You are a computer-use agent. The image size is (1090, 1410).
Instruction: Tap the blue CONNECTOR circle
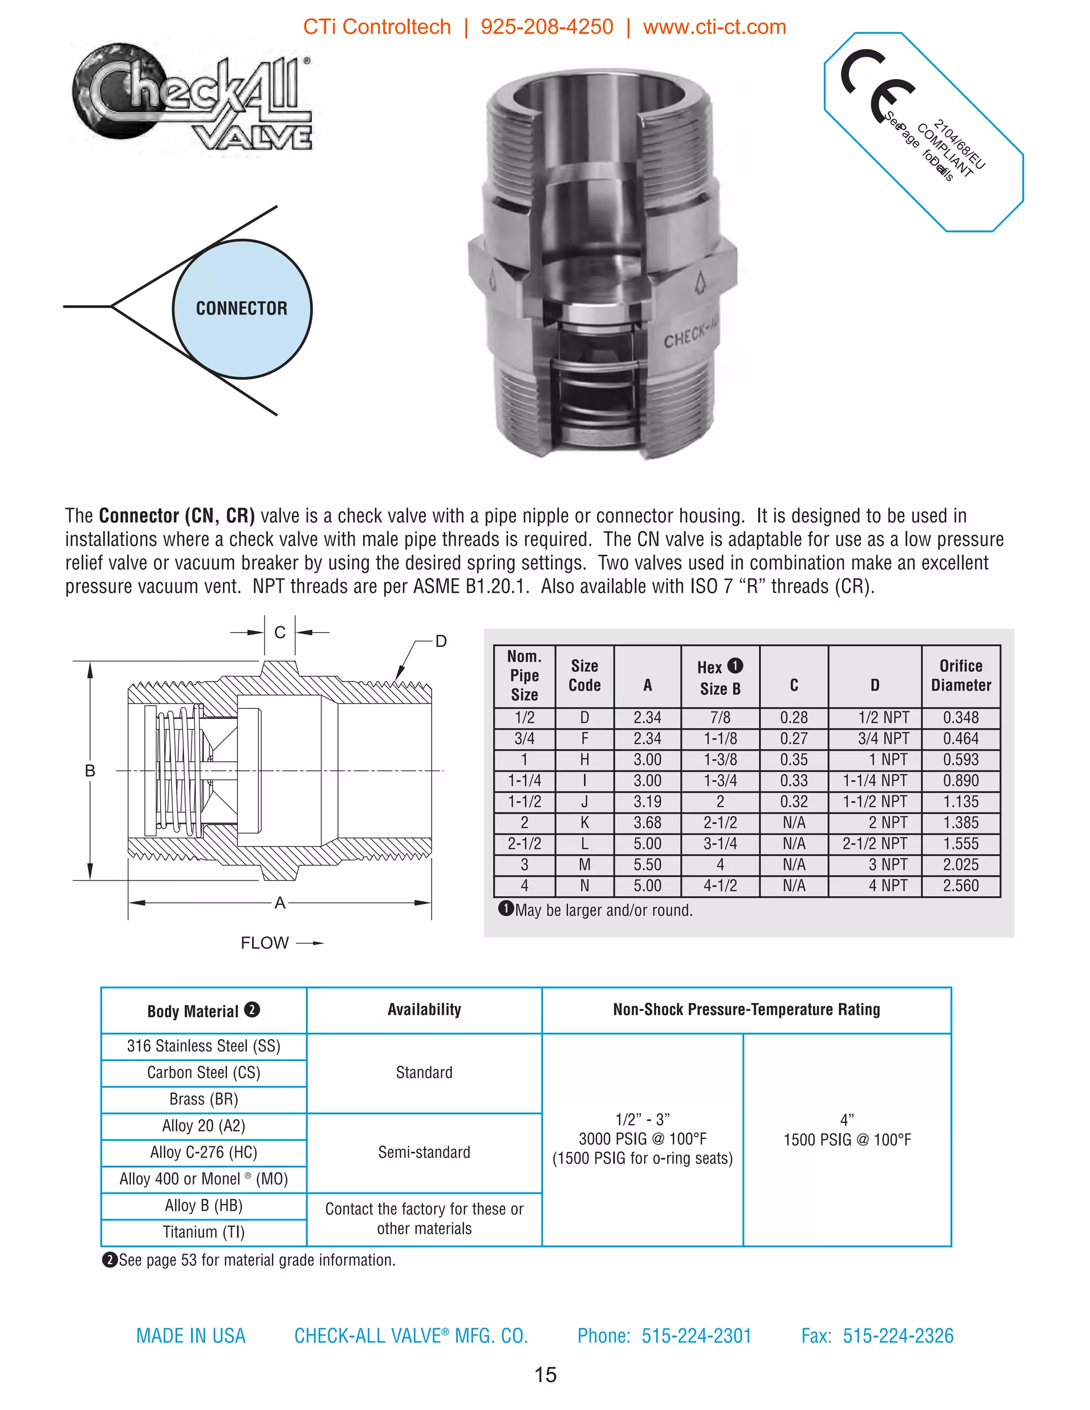coord(242,309)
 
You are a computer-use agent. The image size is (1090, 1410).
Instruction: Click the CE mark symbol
coord(877,84)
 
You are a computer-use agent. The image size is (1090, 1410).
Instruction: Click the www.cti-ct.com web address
coord(714,27)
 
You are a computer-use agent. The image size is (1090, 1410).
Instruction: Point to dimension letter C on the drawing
coord(279,633)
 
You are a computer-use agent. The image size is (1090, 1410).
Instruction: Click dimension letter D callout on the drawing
coord(441,641)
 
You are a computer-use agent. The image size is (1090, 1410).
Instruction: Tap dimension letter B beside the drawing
coord(90,771)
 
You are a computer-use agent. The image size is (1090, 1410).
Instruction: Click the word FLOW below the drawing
coord(264,943)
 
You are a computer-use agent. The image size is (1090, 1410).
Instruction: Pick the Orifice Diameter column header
coord(960,675)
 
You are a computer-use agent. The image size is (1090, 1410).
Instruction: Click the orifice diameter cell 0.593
coord(960,760)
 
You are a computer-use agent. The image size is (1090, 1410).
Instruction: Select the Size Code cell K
coord(584,823)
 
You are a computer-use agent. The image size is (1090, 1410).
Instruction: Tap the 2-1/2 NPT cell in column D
coord(874,844)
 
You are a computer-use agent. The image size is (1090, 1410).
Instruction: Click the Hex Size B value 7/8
coord(720,718)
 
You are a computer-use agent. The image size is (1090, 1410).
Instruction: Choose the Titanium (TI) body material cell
coord(203,1232)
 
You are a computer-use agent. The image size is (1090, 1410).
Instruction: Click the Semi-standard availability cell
coord(424,1152)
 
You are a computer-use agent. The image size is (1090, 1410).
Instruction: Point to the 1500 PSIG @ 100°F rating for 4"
coord(847,1140)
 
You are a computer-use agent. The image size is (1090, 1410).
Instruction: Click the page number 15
coord(545,1374)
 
